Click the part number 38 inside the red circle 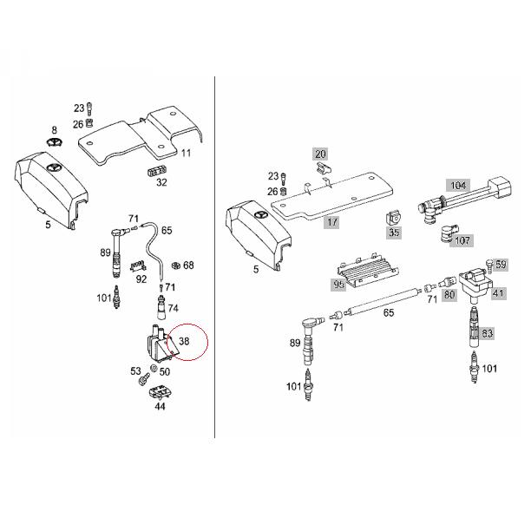point(185,342)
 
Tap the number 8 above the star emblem point(54,129)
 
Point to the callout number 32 point(161,182)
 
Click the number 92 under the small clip point(141,279)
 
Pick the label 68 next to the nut point(188,265)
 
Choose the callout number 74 point(173,308)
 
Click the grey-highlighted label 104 point(456,185)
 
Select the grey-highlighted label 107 point(463,241)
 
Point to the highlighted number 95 point(339,283)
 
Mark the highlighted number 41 point(499,294)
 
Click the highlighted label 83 point(488,332)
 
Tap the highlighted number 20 point(320,153)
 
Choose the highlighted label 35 point(395,233)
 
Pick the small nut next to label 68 point(174,265)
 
